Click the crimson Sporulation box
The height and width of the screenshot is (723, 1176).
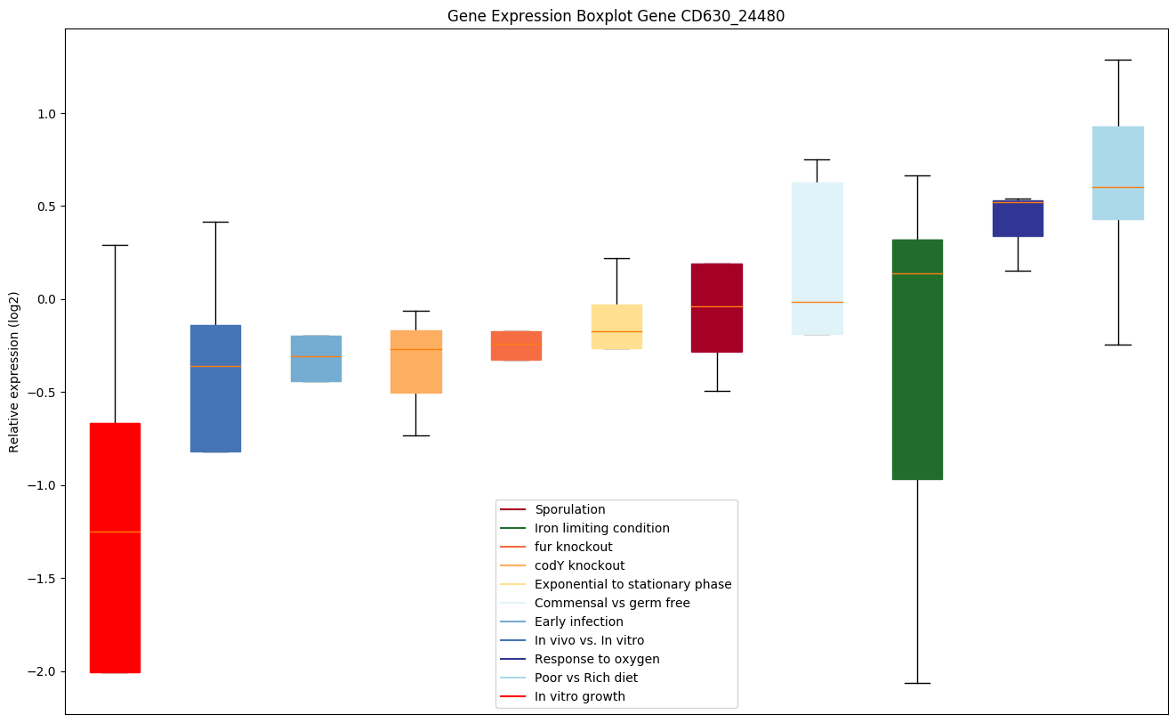point(717,294)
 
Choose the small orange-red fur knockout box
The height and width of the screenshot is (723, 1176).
point(516,345)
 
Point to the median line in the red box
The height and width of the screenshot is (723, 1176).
point(115,532)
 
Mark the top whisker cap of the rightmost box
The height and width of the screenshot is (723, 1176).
point(1118,60)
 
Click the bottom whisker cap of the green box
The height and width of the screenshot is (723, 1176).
point(917,683)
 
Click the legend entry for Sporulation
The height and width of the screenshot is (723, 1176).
point(569,509)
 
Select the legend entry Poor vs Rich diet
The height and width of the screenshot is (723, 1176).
point(585,678)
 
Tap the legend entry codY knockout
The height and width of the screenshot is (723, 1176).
point(579,565)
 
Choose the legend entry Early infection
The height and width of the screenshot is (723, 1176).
point(578,621)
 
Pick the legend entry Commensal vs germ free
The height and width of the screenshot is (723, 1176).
point(612,603)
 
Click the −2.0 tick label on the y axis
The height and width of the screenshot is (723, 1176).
point(42,671)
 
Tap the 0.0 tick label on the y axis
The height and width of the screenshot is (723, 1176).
point(46,299)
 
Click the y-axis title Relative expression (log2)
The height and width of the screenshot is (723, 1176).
point(14,371)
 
